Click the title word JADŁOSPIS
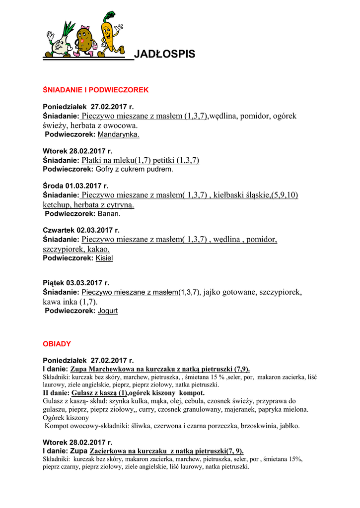coord(164,55)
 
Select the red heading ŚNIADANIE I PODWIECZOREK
coord(96,90)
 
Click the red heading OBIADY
coord(57,344)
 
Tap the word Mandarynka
coord(119,134)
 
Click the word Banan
coord(109,214)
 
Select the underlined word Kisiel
coord(104,258)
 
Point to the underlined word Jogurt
coord(108,311)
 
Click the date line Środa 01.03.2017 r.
coord(75,186)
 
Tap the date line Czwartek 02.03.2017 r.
coord(81,231)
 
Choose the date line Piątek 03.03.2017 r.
coord(76,283)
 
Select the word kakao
coord(100,249)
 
